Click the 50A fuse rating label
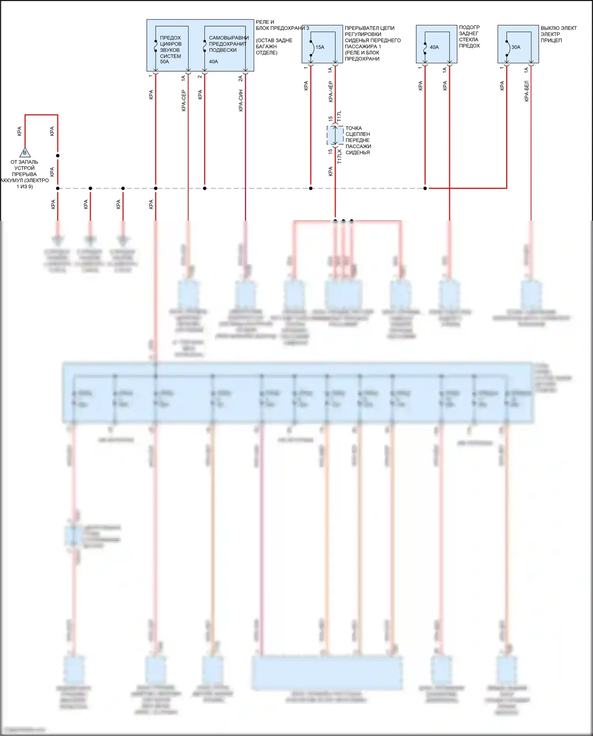164,62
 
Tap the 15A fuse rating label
320,47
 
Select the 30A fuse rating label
516,47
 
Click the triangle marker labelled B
25,153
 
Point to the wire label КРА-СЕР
183,100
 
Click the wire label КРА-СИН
240,100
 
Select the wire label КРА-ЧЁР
330,92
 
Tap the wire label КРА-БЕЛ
526,91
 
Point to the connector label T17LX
339,156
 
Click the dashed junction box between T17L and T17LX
335,135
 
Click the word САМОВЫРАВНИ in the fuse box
229,38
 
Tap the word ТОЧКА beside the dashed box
353,128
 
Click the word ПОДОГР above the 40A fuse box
469,28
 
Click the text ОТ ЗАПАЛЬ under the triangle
25,162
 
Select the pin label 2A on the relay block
240,78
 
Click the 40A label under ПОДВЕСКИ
213,62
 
